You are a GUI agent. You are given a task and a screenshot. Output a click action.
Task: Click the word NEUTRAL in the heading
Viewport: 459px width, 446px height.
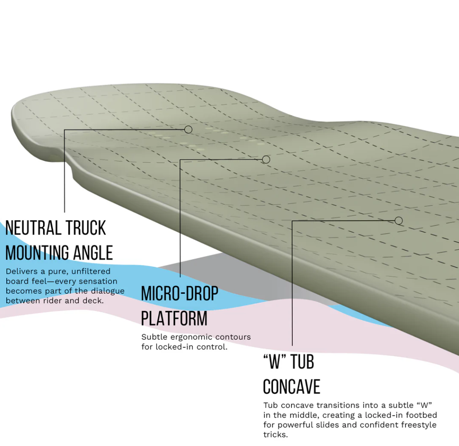pos(32,228)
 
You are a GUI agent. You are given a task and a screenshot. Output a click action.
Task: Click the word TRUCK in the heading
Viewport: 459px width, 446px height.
pos(85,228)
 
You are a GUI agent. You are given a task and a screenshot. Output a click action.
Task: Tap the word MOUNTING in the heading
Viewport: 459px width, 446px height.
pos(37,252)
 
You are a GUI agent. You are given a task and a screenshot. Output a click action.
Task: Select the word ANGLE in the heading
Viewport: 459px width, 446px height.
pos(93,252)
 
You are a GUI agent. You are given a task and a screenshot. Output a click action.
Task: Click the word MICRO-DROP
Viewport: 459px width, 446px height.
pos(180,293)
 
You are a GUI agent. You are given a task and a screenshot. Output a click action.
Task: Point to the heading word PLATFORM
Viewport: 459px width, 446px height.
pos(174,318)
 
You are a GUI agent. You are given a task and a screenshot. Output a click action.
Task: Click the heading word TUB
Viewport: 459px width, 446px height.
pos(302,362)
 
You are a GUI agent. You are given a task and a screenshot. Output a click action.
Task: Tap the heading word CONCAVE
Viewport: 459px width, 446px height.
pos(291,387)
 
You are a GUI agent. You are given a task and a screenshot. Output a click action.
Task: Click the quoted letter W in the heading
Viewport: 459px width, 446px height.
pos(274,362)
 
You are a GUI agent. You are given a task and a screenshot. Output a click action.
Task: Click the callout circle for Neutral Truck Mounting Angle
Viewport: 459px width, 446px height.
pos(188,129)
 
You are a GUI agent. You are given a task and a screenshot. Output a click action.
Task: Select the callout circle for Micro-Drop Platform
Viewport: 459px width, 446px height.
pos(266,159)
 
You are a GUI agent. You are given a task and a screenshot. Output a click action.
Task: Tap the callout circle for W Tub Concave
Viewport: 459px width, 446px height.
pos(398,221)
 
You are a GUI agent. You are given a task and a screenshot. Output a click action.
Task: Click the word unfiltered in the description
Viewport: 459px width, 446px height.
pos(91,271)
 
